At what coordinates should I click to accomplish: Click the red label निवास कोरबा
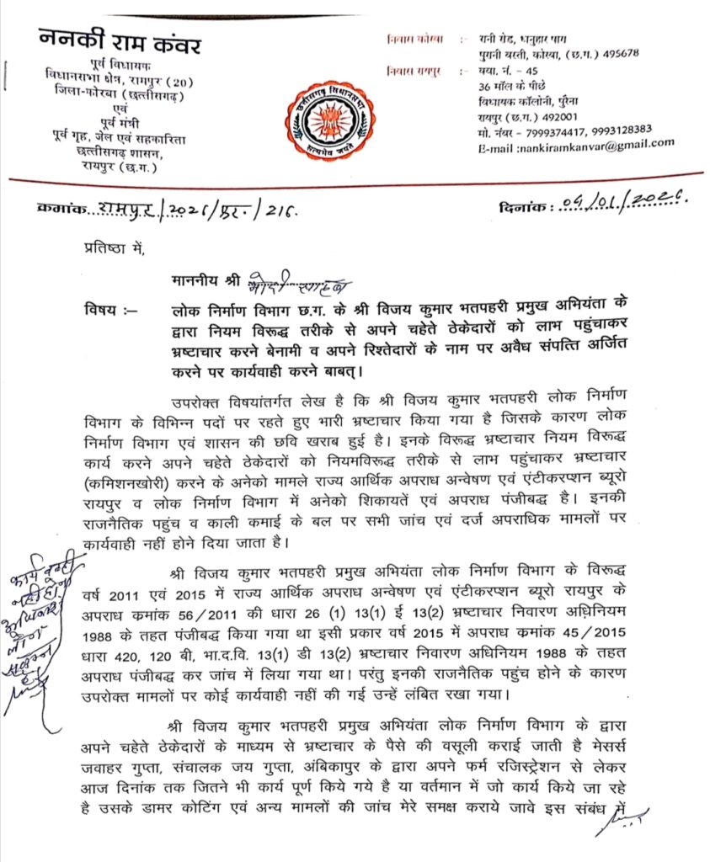coord(414,40)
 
